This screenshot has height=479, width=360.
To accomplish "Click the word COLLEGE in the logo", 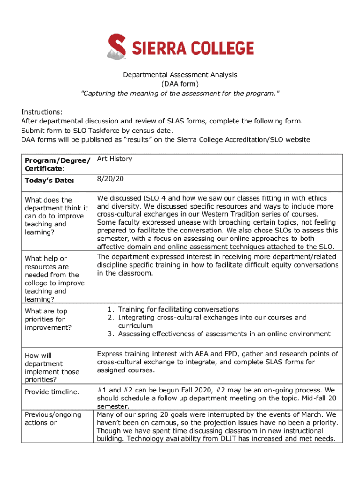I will coord(222,48).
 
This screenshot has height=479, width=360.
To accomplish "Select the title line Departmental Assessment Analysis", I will coord(180,75).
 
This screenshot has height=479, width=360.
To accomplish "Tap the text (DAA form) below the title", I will coord(180,84).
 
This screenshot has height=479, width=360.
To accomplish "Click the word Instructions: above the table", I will coord(42,112).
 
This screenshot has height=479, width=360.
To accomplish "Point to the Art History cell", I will coord(115,159).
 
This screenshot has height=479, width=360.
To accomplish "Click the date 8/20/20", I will coord(107,179).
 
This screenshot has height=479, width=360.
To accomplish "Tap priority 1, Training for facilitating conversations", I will coord(178,309).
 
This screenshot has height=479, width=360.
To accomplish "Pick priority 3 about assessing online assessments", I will coord(224,334).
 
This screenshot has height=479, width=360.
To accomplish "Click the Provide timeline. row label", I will coord(51,392).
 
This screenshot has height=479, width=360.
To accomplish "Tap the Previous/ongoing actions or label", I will coord(52,419).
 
